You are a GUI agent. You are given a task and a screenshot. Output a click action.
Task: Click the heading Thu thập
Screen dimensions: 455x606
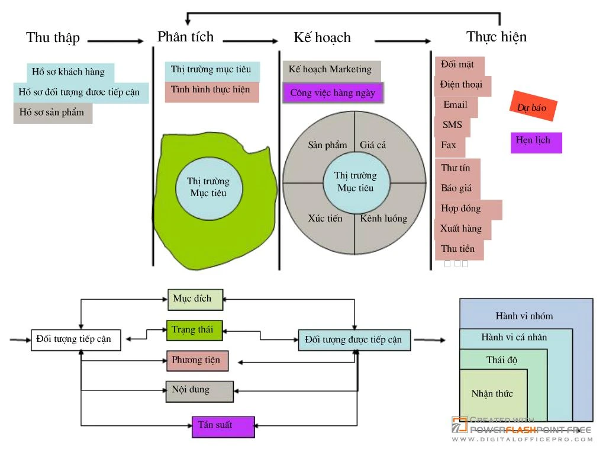[53, 38]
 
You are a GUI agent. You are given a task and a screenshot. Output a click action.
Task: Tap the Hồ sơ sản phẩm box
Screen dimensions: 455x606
[53, 113]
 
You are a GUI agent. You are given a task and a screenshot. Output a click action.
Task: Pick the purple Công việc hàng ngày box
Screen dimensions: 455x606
[333, 93]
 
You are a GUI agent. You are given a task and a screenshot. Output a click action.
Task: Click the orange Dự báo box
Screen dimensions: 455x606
[533, 107]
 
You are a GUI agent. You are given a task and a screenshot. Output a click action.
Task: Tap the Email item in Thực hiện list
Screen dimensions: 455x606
[456, 105]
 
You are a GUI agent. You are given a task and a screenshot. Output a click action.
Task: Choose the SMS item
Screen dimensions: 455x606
[453, 126]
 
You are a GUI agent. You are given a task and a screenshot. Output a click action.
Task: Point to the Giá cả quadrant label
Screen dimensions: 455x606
[373, 145]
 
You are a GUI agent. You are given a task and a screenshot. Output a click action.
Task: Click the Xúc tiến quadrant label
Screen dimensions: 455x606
[325, 219]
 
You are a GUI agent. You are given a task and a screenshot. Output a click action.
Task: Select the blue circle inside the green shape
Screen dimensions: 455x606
[208, 187]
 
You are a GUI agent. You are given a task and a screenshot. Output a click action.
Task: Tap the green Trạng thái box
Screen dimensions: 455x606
[194, 330]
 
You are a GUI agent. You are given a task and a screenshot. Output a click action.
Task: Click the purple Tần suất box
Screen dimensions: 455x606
[223, 425]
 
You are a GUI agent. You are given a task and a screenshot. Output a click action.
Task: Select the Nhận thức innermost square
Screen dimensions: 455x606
[492, 394]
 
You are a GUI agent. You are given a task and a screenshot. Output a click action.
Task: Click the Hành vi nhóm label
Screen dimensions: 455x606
[524, 316]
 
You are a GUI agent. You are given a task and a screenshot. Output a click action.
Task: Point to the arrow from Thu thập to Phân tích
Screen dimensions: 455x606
[116, 41]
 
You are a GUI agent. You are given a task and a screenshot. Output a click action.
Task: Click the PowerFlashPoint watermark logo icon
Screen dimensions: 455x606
[460, 425]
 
